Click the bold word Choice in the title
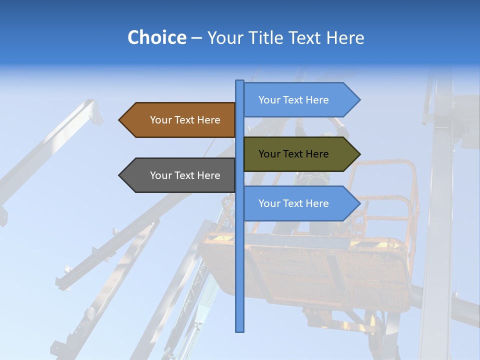156,37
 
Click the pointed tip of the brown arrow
120,120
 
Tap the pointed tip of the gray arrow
120,175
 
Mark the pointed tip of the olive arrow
358,154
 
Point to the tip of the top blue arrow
358,100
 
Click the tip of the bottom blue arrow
358,203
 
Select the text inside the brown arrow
185,120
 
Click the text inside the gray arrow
185,175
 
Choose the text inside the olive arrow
293,154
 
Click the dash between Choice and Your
196,38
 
